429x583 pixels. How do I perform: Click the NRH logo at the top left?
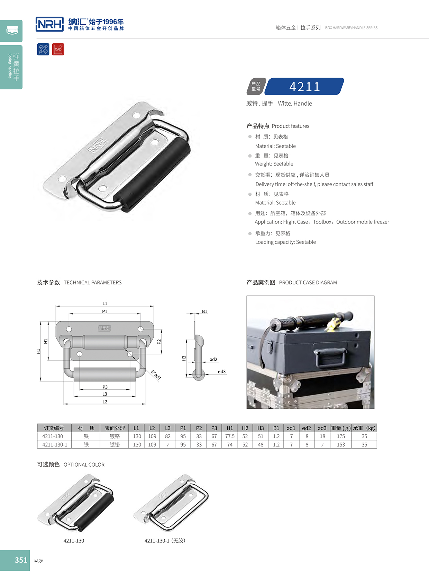[x=50, y=24]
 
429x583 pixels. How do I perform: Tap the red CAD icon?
[x=58, y=49]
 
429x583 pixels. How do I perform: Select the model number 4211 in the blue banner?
[x=304, y=87]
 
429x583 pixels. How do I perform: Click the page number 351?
[x=21, y=560]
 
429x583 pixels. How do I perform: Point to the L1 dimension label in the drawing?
[x=105, y=303]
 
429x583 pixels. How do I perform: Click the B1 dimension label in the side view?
[x=204, y=311]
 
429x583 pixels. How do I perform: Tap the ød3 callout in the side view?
[x=221, y=372]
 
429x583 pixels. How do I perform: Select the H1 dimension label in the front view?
[x=38, y=351]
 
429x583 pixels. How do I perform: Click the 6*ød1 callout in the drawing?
[x=156, y=375]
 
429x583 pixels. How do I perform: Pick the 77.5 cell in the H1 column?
[x=230, y=436]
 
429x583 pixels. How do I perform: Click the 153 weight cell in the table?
[x=341, y=444]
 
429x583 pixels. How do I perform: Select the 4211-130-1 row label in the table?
[x=55, y=444]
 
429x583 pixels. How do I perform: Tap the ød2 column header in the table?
[x=307, y=428]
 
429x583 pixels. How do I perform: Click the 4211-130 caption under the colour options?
[x=74, y=540]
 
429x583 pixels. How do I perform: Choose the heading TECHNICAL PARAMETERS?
[x=92, y=283]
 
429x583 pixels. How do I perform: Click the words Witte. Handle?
[x=295, y=104]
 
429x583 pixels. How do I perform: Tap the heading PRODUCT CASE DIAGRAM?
[x=308, y=283]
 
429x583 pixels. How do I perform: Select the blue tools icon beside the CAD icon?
[x=43, y=49]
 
